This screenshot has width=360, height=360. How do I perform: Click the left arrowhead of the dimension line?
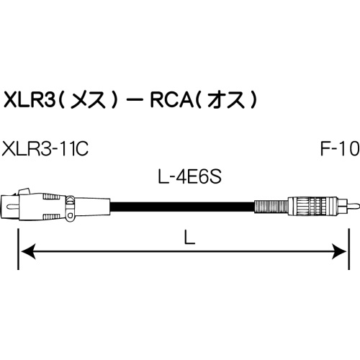click(25, 251)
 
